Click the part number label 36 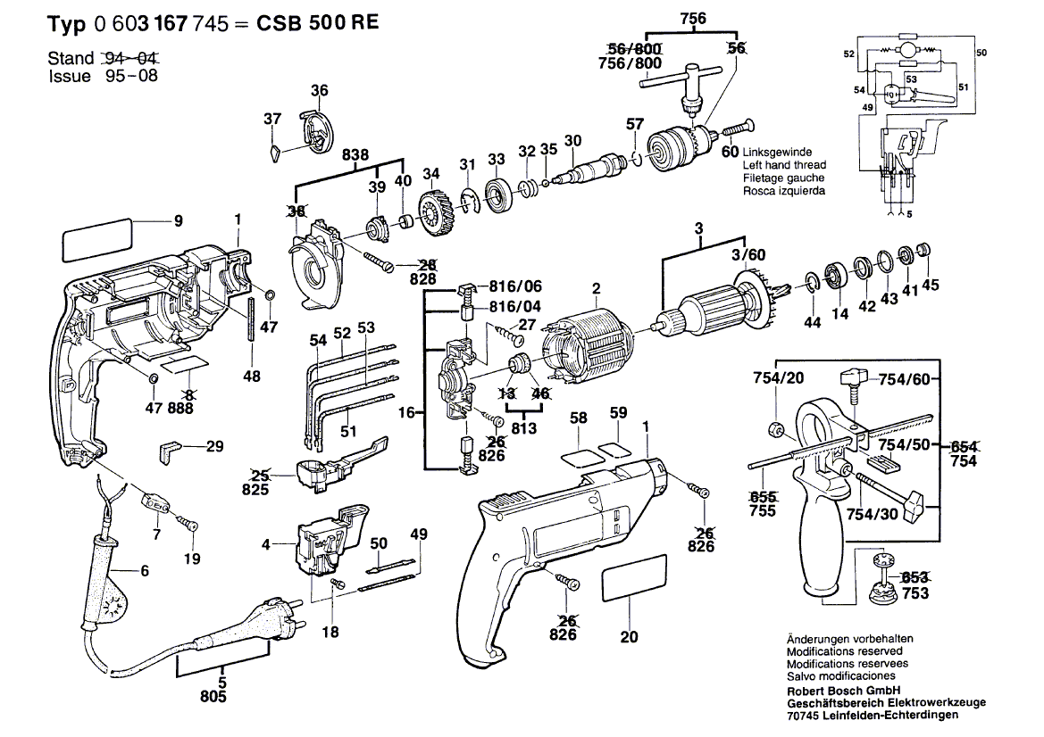[x=319, y=91]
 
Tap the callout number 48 [x=252, y=377]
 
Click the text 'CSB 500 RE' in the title [x=309, y=24]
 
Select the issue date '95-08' [x=130, y=77]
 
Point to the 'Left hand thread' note [x=784, y=165]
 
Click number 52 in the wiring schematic [x=848, y=54]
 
